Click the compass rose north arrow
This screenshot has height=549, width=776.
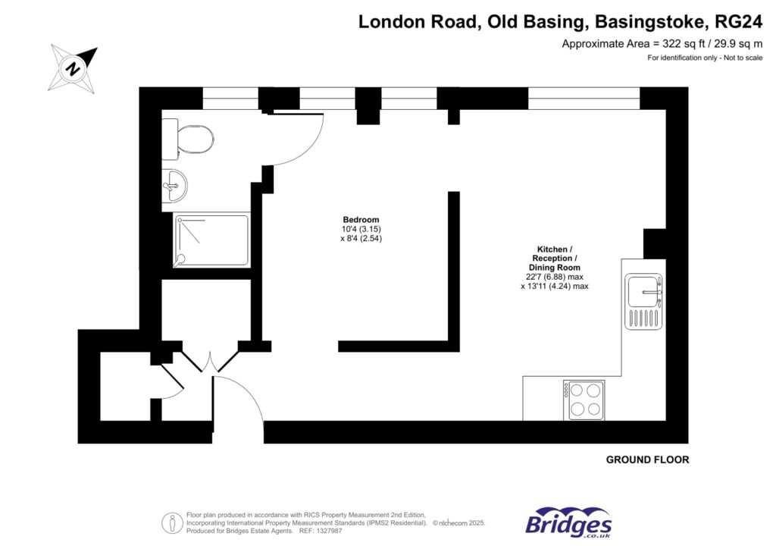[x=74, y=67]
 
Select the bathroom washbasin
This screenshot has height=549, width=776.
[x=175, y=184]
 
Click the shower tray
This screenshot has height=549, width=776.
[x=211, y=240]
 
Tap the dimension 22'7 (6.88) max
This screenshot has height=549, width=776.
[x=554, y=278]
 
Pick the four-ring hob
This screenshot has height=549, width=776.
[x=583, y=400]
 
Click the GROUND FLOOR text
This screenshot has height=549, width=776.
[x=647, y=460]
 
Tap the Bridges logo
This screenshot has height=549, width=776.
[x=568, y=523]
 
